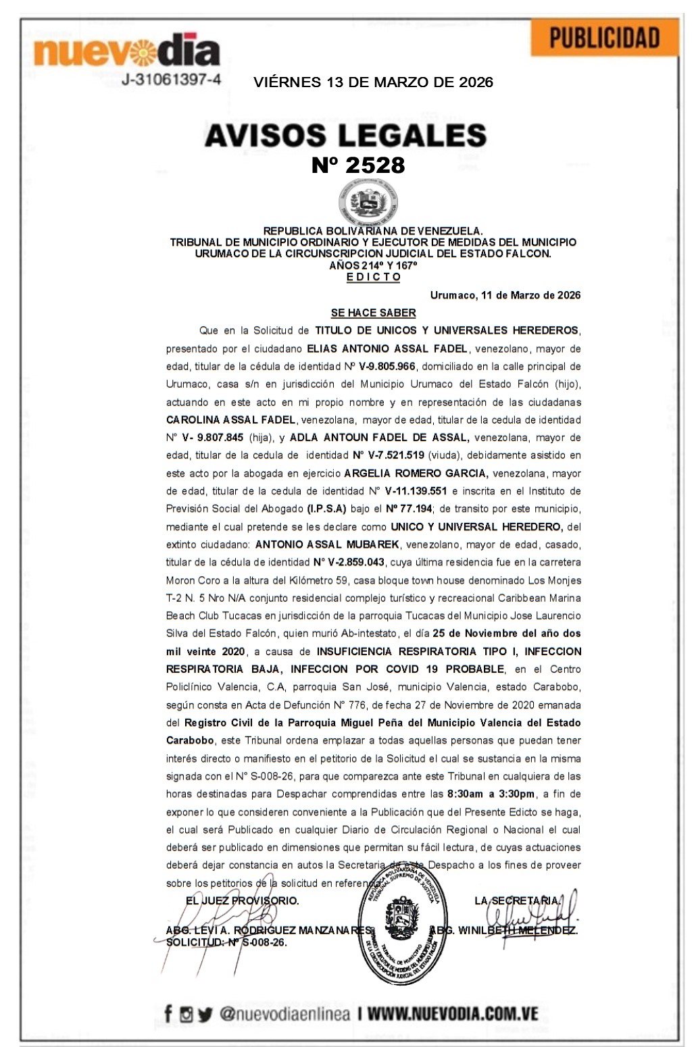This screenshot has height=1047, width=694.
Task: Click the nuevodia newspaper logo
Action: tap(126, 52)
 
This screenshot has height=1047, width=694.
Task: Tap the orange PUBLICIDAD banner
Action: tap(604, 38)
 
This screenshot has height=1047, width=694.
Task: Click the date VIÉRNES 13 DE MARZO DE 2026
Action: tap(373, 82)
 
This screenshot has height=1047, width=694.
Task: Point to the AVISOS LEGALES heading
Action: tap(345, 135)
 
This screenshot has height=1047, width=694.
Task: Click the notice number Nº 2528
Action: tap(358, 165)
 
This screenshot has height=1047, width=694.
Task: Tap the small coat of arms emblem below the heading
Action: tap(368, 202)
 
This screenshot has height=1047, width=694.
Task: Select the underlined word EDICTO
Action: tap(373, 277)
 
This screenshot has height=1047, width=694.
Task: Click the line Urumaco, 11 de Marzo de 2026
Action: tap(505, 295)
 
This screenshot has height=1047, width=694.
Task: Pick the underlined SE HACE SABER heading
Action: tap(373, 313)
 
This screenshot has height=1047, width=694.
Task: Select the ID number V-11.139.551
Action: tap(416, 491)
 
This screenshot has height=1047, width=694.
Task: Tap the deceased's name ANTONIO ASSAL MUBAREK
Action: tap(327, 544)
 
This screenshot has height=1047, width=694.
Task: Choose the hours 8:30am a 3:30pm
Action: tap(491, 794)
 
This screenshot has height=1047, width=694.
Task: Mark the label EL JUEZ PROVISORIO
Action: tap(242, 900)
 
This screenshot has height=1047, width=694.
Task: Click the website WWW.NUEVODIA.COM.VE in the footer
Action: tap(453, 1014)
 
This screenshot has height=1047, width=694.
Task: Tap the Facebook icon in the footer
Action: tap(168, 1014)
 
